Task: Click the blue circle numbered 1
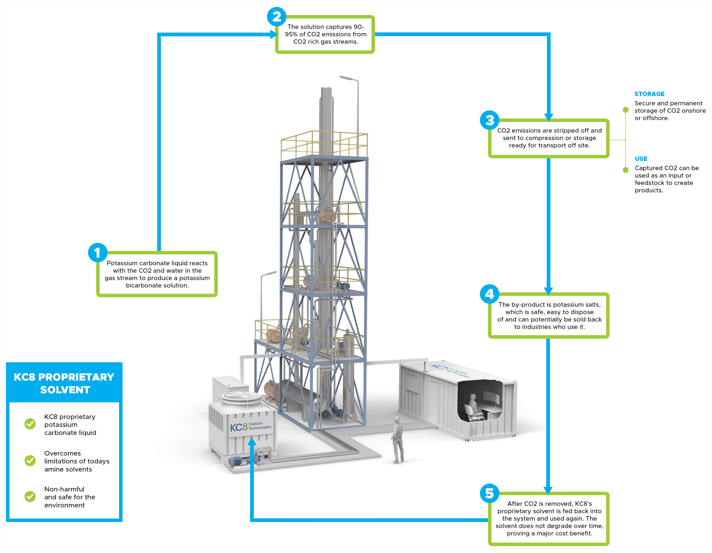tap(98, 252)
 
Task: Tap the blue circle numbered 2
tap(277, 17)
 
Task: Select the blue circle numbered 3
tap(490, 120)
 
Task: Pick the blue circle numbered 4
tap(490, 294)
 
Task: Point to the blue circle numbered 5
tap(490, 493)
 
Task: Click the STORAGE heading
tap(649, 94)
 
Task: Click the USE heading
tap(641, 159)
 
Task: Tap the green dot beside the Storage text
tap(626, 110)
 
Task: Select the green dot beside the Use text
tap(626, 170)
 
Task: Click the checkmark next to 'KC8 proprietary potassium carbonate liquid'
tap(30, 424)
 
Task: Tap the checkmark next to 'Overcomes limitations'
tap(30, 461)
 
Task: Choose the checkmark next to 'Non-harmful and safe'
tap(30, 497)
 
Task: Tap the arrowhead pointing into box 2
tap(274, 34)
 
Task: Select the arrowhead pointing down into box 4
tap(548, 291)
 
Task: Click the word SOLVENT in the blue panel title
tap(65, 390)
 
